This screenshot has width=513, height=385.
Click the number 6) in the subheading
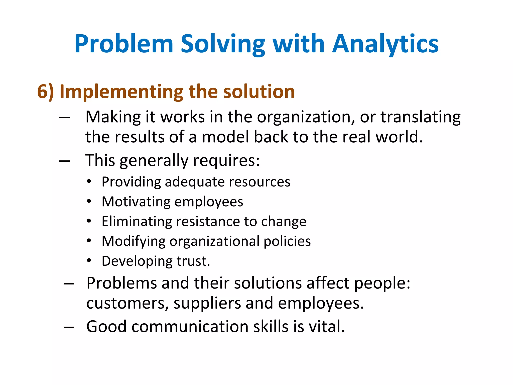coord(46,91)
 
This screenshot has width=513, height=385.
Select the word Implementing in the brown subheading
coord(121,91)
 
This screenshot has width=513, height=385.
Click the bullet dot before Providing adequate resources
coord(89,181)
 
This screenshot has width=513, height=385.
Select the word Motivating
coord(136,202)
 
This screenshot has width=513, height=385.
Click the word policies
coord(287,241)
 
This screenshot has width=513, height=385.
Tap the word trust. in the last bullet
coord(193,261)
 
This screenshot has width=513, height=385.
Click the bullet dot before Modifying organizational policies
coord(89,241)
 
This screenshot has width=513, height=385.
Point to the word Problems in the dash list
coord(121,283)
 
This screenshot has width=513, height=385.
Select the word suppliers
coord(207,303)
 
